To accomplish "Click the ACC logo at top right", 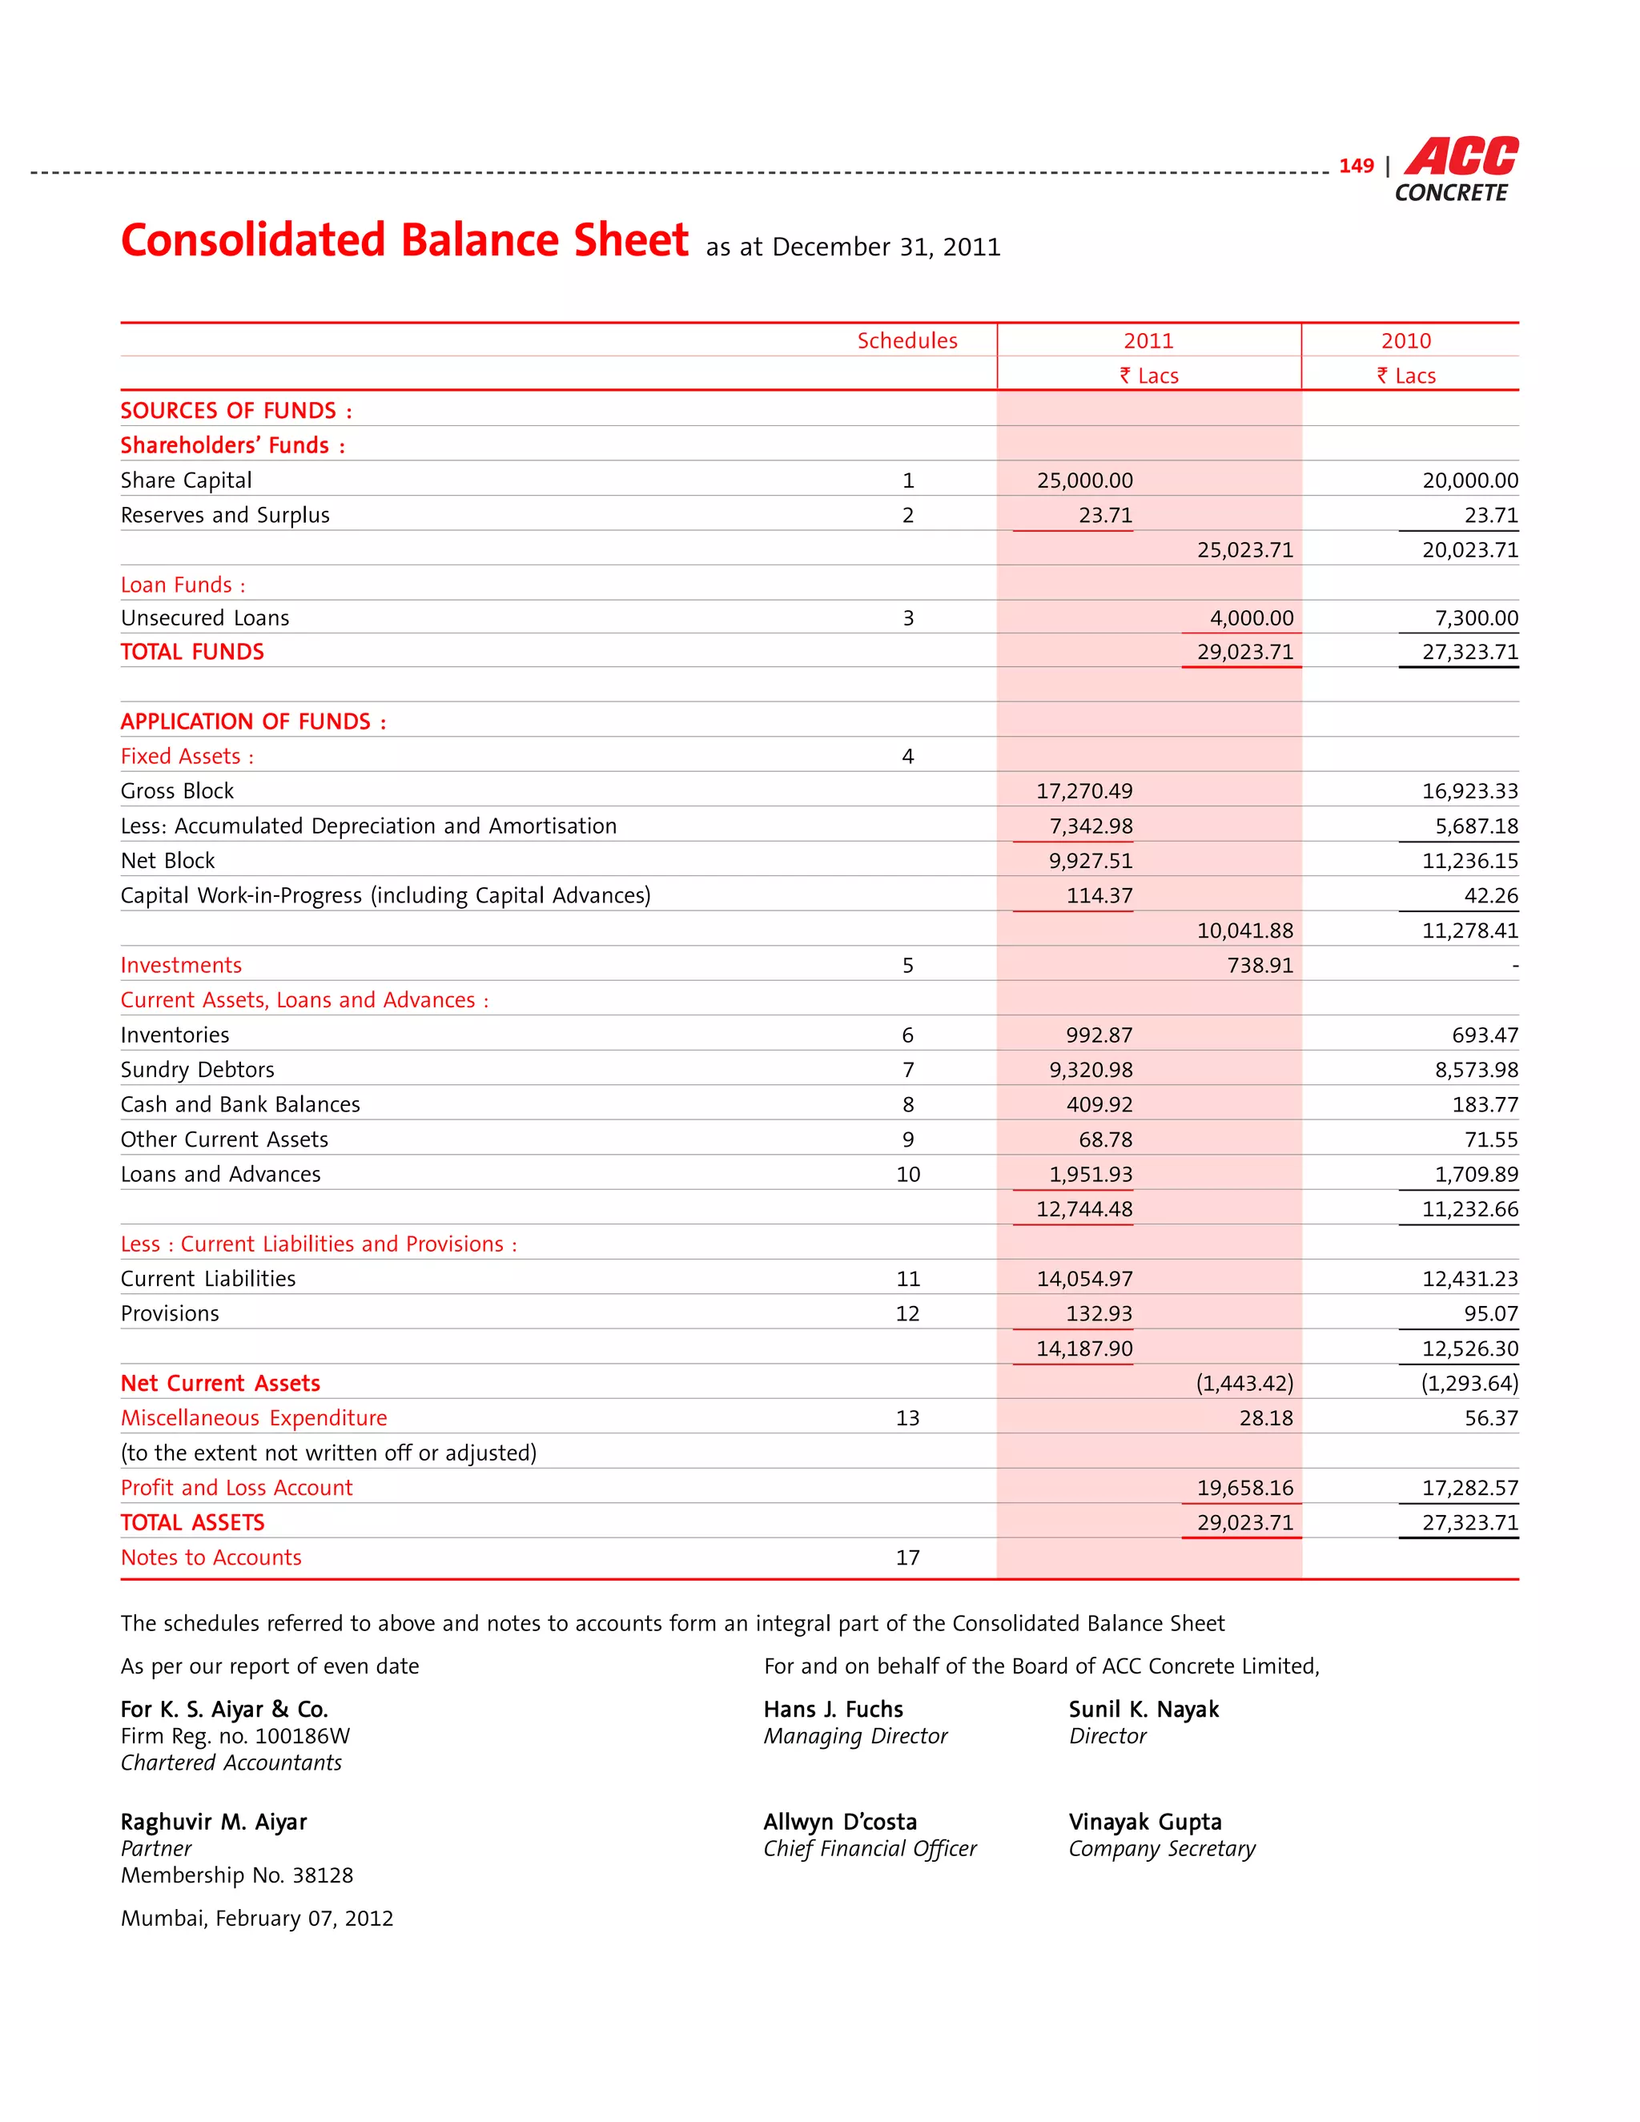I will pyautogui.click(x=1461, y=159).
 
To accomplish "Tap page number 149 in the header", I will pyautogui.click(x=1356, y=166).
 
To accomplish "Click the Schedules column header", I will pyautogui.click(x=906, y=341).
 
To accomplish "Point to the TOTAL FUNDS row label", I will pyautogui.click(x=192, y=652).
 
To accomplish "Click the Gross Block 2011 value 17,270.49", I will pyautogui.click(x=1084, y=792).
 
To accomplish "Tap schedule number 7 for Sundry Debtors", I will pyautogui.click(x=907, y=1071).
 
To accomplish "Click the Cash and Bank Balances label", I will pyautogui.click(x=240, y=1105).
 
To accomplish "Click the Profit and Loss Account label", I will pyautogui.click(x=236, y=1489).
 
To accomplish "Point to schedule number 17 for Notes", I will pyautogui.click(x=907, y=1558).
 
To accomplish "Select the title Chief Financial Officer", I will pyautogui.click(x=870, y=1849).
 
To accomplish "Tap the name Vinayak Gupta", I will pyautogui.click(x=1144, y=1823).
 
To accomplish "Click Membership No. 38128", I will pyautogui.click(x=236, y=1876).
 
